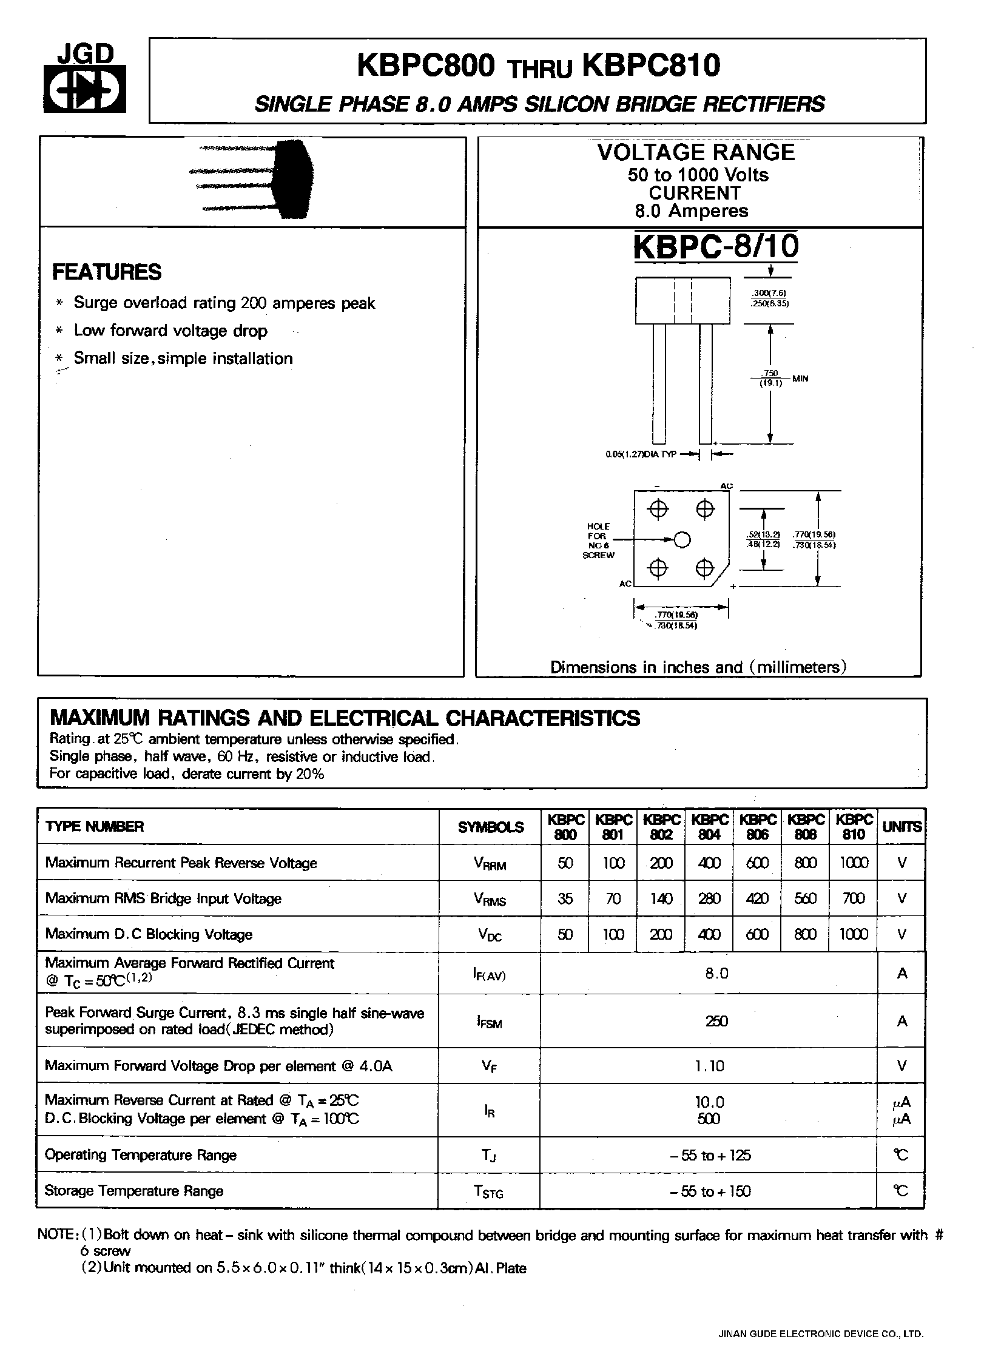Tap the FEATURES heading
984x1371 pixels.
point(107,272)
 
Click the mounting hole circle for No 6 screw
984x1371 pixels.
point(682,539)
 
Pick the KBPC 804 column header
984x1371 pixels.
point(709,826)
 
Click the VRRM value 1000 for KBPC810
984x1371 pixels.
point(854,863)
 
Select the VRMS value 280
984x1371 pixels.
point(709,898)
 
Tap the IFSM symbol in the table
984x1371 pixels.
point(489,1022)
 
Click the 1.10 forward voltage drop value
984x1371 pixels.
point(709,1066)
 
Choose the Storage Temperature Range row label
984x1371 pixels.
point(134,1191)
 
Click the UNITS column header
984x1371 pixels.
point(902,826)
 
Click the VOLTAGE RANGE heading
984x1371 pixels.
point(696,152)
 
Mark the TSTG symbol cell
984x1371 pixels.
point(489,1192)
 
